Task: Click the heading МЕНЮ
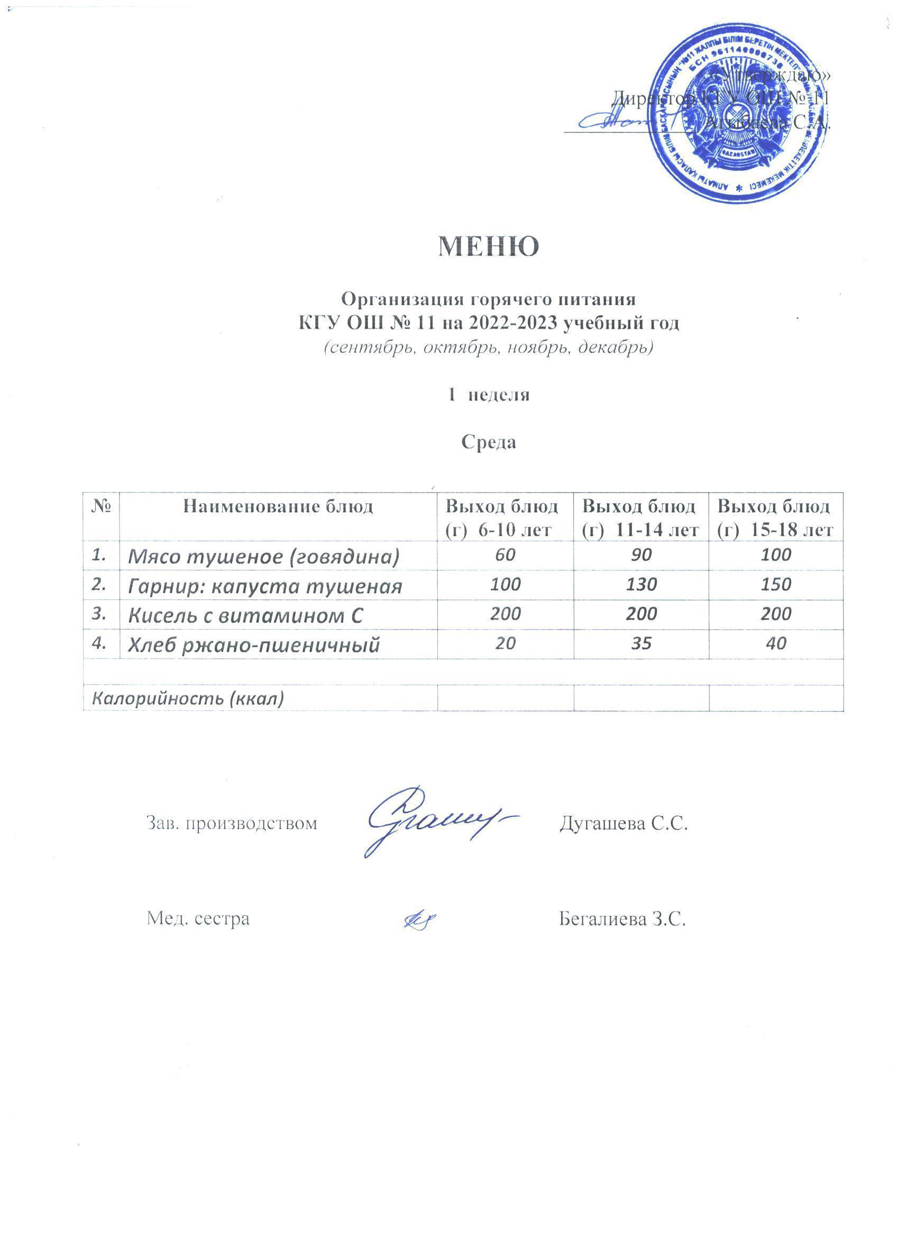click(x=489, y=247)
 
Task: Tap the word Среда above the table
click(x=489, y=442)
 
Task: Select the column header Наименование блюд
click(x=278, y=507)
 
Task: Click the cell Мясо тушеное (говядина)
click(x=264, y=556)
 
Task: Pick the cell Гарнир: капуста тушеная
click(x=265, y=586)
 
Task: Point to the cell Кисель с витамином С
click(x=245, y=616)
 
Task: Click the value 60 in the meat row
click(x=506, y=554)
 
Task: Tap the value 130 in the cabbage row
click(x=641, y=585)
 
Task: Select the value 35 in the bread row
click(x=641, y=643)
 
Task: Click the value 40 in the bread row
click(x=776, y=643)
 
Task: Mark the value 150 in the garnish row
click(x=776, y=585)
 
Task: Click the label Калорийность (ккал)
click(x=188, y=699)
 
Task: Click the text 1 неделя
click(x=489, y=394)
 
